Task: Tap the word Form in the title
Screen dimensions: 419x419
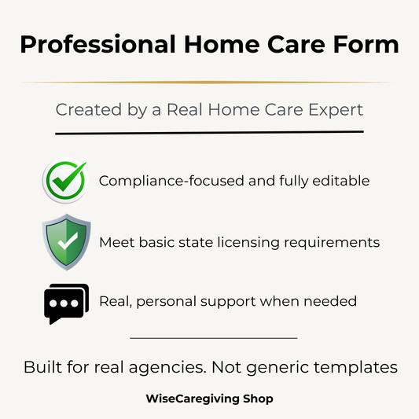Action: pyautogui.click(x=369, y=45)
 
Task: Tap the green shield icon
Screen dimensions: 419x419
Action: pyautogui.click(x=66, y=241)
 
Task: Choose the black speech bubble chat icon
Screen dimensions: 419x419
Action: pyautogui.click(x=66, y=303)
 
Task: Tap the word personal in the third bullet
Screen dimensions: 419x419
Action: pyautogui.click(x=173, y=301)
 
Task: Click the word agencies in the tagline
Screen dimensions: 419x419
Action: pyautogui.click(x=197, y=367)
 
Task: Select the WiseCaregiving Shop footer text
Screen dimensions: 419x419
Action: pyautogui.click(x=209, y=399)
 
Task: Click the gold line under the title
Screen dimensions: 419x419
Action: pyautogui.click(x=209, y=82)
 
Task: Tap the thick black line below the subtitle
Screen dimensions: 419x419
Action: pyautogui.click(x=209, y=132)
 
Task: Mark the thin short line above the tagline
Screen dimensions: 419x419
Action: pyautogui.click(x=213, y=338)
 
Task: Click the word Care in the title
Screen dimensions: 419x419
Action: pyautogui.click(x=303, y=45)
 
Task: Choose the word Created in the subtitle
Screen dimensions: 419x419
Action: pyautogui.click(x=83, y=110)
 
